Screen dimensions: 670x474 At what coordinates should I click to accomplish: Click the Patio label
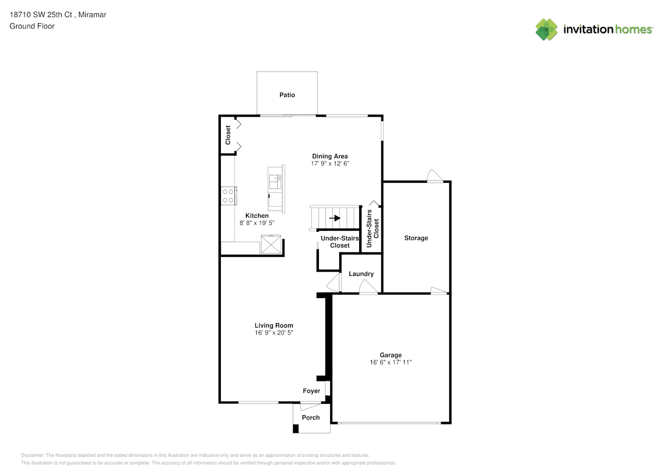point(287,95)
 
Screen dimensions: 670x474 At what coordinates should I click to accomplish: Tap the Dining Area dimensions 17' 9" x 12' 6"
point(330,164)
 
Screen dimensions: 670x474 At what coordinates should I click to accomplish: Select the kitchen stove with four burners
point(229,196)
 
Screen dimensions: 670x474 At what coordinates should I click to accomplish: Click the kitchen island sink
point(275,182)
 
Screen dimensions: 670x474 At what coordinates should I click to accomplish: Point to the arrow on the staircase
point(335,218)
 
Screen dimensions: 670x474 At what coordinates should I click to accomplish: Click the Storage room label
point(416,238)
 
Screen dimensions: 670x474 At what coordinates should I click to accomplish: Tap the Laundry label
point(361,274)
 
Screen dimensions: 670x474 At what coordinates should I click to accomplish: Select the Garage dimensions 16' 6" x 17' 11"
point(390,362)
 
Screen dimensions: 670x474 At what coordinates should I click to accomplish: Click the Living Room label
point(274,325)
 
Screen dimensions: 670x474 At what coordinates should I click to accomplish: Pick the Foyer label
point(311,391)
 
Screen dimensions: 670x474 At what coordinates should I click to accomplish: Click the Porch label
point(311,418)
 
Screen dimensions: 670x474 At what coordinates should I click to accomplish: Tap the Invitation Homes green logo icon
point(546,29)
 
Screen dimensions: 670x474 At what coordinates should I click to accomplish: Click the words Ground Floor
point(32,26)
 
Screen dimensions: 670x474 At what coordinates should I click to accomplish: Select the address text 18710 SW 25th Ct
point(41,15)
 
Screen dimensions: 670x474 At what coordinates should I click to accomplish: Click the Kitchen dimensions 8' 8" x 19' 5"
point(257,223)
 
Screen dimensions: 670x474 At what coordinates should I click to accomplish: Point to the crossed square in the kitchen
point(271,245)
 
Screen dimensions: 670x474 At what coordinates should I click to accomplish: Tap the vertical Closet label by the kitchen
point(228,135)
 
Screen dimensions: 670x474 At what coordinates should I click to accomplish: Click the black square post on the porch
point(296,428)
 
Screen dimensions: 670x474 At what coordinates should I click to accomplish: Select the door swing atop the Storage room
point(435,175)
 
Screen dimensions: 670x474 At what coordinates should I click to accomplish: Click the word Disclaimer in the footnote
point(32,455)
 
